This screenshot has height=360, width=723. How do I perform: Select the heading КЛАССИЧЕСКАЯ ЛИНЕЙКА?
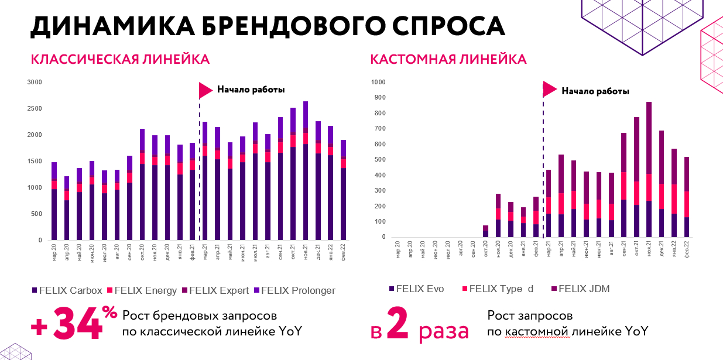[120, 59]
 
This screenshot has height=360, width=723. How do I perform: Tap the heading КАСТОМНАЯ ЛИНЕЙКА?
[448, 59]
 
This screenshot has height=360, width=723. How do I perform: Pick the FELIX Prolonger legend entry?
[293, 290]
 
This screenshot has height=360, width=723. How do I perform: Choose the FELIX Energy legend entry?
[141, 290]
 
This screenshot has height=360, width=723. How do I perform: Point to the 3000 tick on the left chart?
[36, 83]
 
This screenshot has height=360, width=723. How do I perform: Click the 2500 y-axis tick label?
[36, 109]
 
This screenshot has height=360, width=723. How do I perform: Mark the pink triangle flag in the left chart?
[205, 90]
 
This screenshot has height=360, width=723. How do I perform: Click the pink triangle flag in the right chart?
[549, 89]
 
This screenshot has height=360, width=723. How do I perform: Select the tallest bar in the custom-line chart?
[649, 170]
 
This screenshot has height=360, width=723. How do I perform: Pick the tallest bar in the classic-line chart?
[305, 170]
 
